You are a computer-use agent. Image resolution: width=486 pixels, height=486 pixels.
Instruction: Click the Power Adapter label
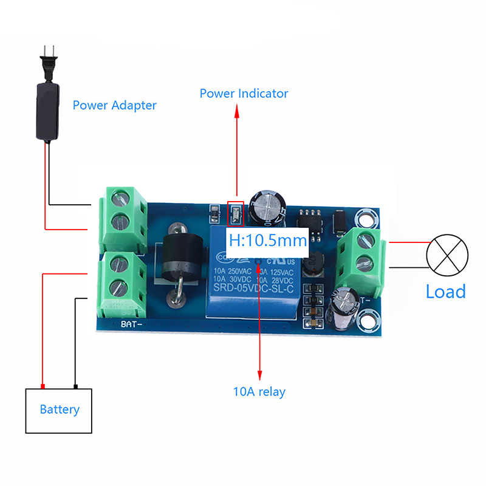pos(114,105)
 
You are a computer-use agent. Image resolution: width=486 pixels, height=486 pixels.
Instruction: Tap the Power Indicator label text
pos(244,94)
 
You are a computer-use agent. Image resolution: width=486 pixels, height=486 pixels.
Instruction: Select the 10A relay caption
pos(259,392)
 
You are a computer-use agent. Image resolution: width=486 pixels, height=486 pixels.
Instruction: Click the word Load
pos(445,291)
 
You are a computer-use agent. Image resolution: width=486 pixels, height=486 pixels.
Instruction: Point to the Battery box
pos(59,410)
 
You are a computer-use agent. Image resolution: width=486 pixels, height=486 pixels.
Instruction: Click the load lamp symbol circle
pos(448,255)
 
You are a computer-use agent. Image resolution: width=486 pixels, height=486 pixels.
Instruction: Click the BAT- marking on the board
pos(132,324)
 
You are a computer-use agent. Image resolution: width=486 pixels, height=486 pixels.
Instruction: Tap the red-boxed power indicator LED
pos(234,213)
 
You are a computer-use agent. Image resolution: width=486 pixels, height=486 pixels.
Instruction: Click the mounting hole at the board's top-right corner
pos(366,219)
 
